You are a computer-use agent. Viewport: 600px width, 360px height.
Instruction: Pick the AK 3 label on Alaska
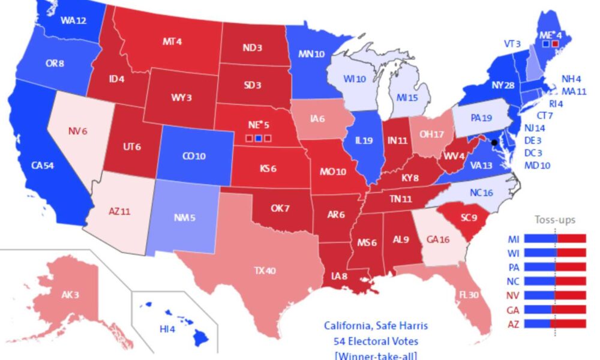(x=70, y=295)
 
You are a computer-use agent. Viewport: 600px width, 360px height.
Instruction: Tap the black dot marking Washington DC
(x=494, y=142)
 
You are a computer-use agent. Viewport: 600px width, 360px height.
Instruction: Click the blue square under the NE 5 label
(x=258, y=139)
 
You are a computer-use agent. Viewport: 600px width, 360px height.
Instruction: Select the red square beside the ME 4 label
(x=555, y=44)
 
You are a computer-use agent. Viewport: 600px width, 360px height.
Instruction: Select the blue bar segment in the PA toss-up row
(x=534, y=266)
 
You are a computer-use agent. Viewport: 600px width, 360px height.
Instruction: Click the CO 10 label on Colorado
(x=193, y=157)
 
